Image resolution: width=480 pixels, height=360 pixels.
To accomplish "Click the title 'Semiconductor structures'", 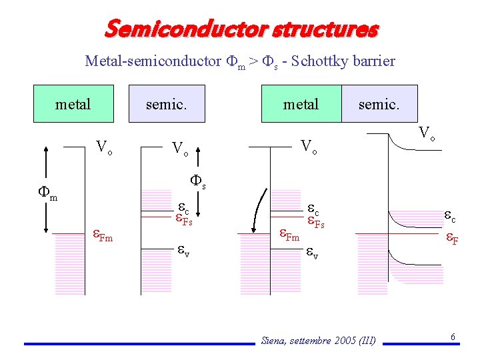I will click(x=241, y=29).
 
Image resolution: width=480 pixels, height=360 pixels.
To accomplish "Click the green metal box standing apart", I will click(x=73, y=104).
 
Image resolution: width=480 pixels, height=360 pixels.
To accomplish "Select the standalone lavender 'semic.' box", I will click(x=166, y=104).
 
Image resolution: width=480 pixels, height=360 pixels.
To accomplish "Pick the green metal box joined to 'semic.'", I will click(x=301, y=104).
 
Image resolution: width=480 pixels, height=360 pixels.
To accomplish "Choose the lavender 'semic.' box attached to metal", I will click(x=379, y=104).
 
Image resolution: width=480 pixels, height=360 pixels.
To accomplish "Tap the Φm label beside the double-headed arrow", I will click(x=47, y=193).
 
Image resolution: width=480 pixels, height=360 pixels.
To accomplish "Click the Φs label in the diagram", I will click(x=198, y=181).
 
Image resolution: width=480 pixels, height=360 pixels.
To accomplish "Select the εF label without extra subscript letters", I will click(x=451, y=238).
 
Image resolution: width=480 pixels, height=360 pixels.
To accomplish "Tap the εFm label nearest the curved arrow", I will click(x=289, y=235).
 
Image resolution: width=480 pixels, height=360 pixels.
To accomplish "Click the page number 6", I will click(x=453, y=337).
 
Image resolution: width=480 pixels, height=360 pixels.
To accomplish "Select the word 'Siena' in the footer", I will click(x=274, y=341).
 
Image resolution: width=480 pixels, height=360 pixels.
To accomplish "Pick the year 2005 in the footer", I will click(x=340, y=341).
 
